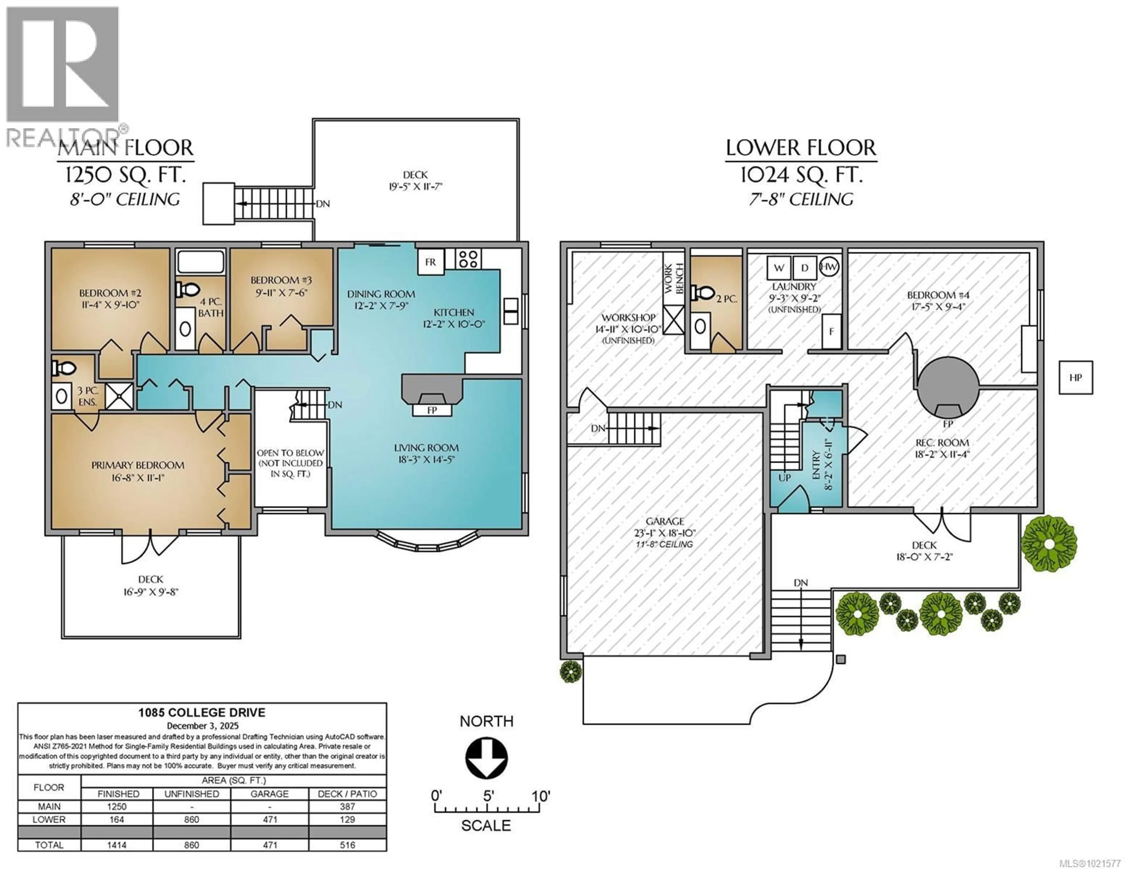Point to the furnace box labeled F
click(831, 331)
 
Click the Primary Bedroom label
click(137, 465)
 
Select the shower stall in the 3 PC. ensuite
click(119, 397)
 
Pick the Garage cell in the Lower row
click(270, 819)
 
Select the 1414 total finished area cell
click(117, 845)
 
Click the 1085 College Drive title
click(202, 712)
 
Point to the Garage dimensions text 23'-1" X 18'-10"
click(664, 533)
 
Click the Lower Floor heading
click(800, 148)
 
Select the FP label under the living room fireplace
click(432, 410)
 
